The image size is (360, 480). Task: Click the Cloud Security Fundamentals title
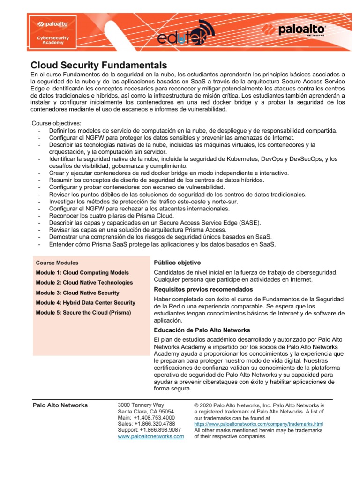(x=98, y=65)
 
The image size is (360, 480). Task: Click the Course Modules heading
(x=57, y=263)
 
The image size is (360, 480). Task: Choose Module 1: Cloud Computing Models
(x=82, y=273)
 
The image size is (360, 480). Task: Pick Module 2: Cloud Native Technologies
(x=84, y=283)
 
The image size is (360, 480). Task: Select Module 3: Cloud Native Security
(x=77, y=293)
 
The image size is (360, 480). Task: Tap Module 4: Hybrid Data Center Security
(x=85, y=303)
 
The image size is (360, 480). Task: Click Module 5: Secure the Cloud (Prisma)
(x=83, y=313)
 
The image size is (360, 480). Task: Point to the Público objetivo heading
(x=177, y=262)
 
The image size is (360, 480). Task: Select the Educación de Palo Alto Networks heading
(x=202, y=330)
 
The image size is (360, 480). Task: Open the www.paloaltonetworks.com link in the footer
(x=150, y=436)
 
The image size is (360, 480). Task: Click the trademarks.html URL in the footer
(x=258, y=424)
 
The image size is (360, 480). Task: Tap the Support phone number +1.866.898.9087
(x=149, y=430)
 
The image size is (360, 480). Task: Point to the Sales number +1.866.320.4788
(x=147, y=424)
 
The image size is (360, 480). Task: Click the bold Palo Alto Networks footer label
(x=60, y=405)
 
